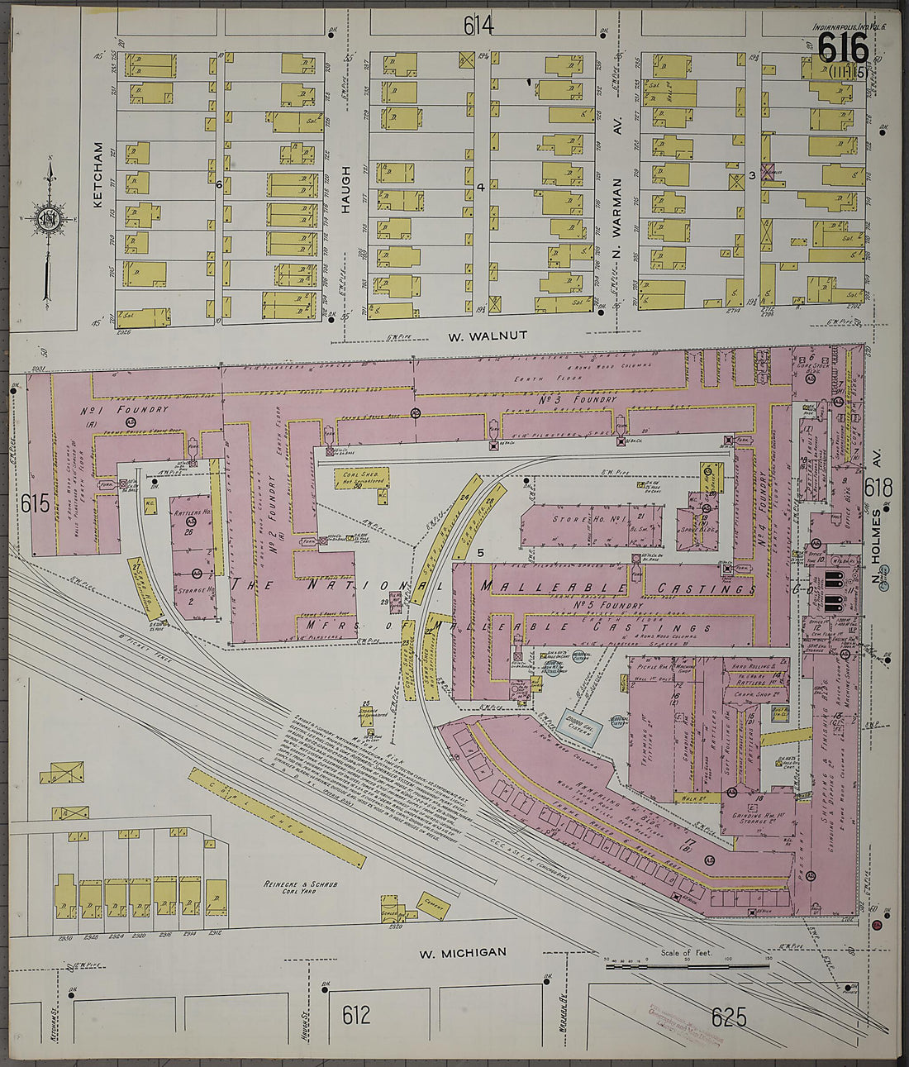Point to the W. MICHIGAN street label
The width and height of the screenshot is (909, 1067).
[x=462, y=952]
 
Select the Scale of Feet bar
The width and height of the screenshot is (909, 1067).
[x=688, y=965]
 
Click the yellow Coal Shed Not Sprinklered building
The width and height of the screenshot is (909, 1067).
[x=360, y=479]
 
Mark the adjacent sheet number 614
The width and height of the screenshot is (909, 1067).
[x=478, y=26]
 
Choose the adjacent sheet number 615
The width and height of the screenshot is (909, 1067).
[x=36, y=503]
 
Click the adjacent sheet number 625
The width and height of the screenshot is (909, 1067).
[x=728, y=1016]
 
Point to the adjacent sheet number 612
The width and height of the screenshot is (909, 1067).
[x=355, y=1014]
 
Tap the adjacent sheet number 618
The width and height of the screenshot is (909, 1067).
[x=878, y=488]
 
